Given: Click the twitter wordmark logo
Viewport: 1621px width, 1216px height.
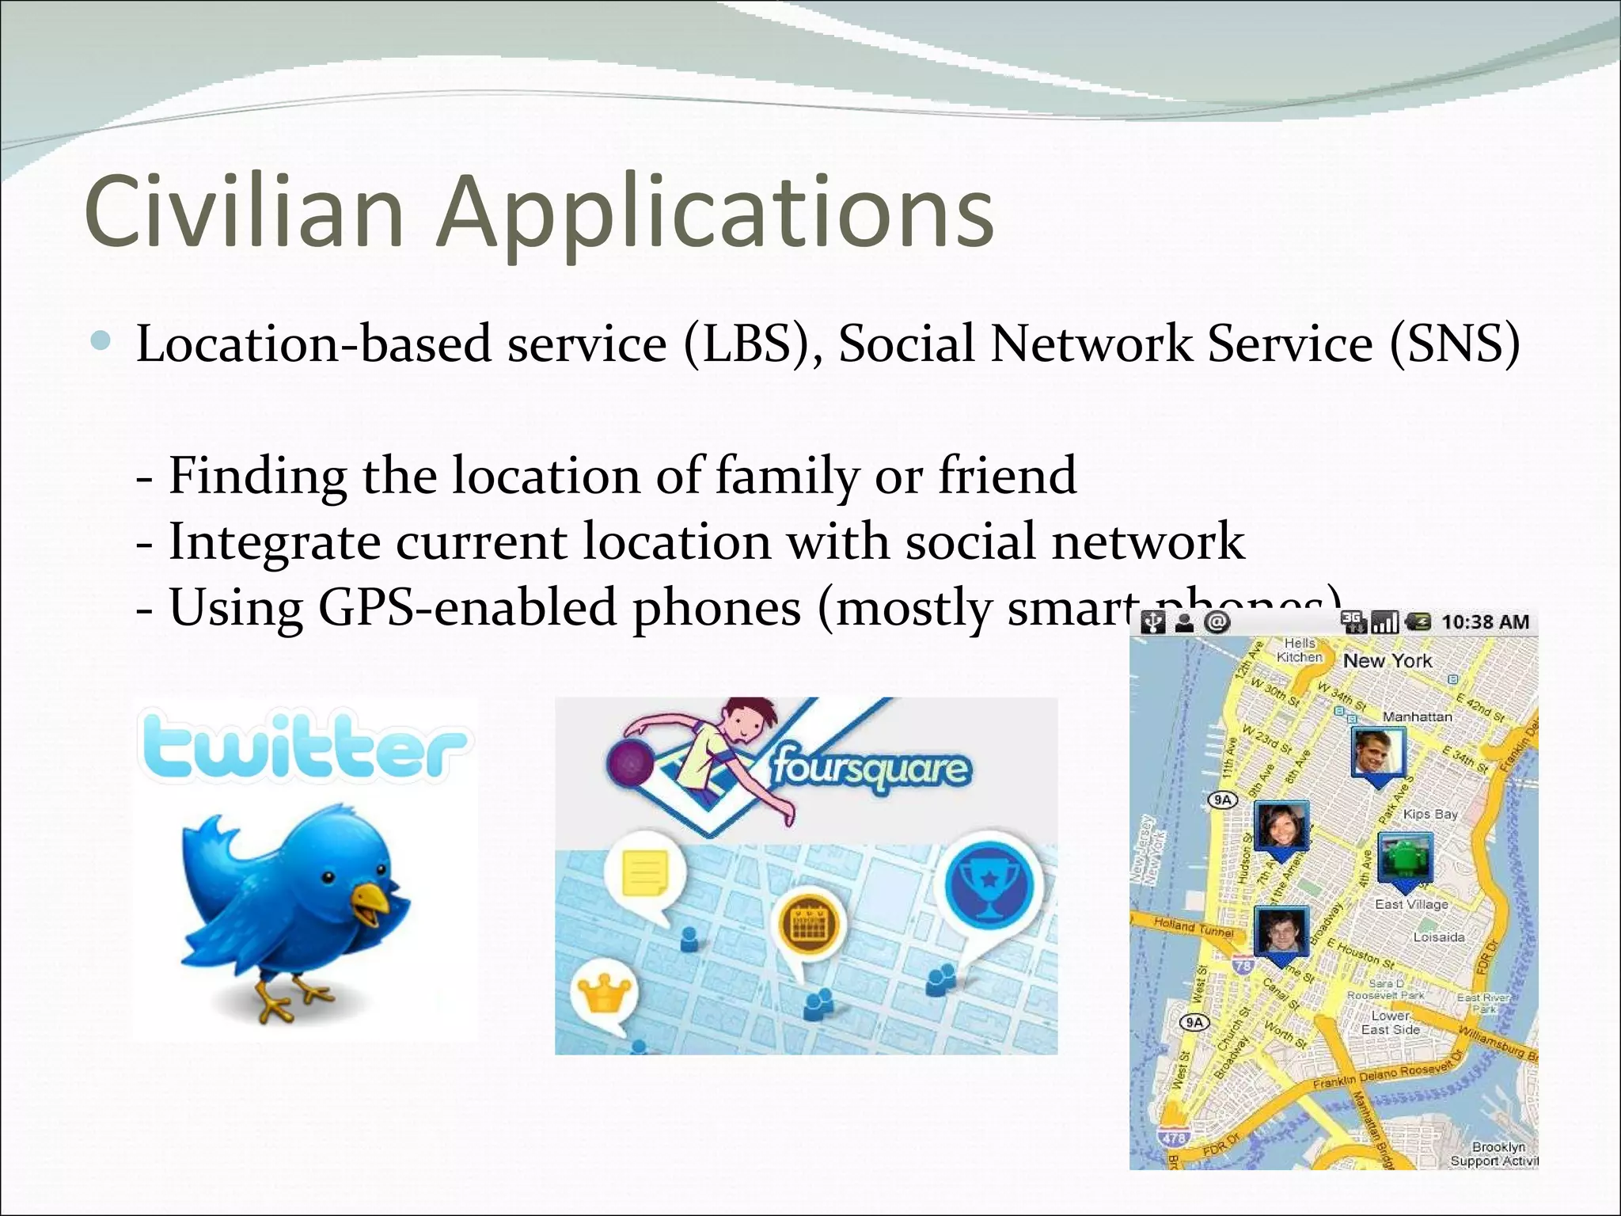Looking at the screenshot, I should point(304,746).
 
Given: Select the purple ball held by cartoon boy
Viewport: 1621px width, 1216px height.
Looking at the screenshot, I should point(631,763).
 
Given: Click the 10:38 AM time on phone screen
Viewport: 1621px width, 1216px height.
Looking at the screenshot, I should point(1485,622).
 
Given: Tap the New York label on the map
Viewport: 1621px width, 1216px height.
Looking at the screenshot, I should point(1388,660).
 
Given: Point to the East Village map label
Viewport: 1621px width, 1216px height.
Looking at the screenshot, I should point(1411,904).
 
